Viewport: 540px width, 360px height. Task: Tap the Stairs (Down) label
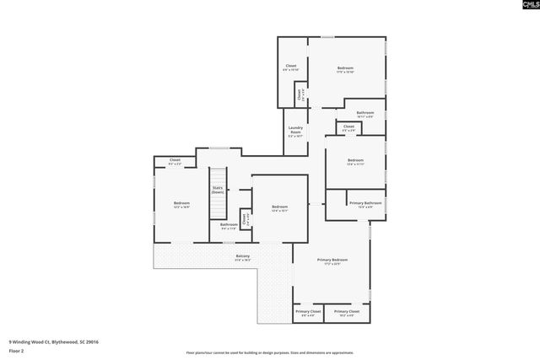pyautogui.click(x=217, y=191)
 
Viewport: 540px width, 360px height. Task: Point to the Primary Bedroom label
pyautogui.click(x=332, y=261)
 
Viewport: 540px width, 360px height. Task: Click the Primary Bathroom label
pyautogui.click(x=366, y=203)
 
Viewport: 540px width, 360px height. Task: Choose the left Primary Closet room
pyautogui.click(x=307, y=313)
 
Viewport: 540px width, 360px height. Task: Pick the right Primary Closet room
pyautogui.click(x=347, y=313)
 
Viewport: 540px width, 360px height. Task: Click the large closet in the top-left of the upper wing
pyautogui.click(x=291, y=67)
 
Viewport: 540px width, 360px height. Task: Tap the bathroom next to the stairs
pyautogui.click(x=229, y=225)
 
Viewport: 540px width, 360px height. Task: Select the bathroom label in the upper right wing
pyautogui.click(x=364, y=113)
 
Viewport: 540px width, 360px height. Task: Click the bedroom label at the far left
pyautogui.click(x=181, y=204)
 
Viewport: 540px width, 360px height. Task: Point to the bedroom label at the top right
pyautogui.click(x=345, y=69)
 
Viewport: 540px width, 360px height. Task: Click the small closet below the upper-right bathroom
pyautogui.click(x=348, y=128)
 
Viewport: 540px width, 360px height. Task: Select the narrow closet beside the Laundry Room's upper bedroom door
pyautogui.click(x=300, y=94)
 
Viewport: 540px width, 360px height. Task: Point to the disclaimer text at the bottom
pyautogui.click(x=269, y=352)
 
